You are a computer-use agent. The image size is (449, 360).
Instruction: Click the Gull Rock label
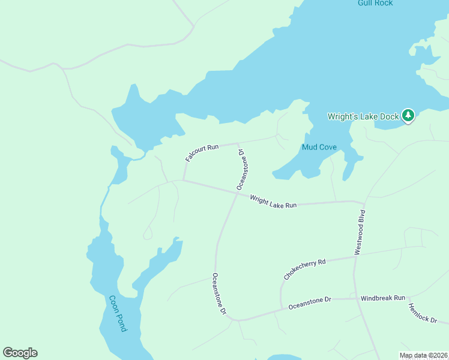375,3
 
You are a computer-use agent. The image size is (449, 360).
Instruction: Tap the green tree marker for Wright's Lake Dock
408,115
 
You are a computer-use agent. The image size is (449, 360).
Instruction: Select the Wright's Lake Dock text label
363,116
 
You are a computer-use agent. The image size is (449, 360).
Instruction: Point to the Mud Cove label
318,147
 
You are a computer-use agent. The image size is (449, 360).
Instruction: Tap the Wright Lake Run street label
273,201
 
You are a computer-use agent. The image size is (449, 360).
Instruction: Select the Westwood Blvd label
360,232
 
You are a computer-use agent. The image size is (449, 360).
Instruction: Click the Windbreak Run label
383,298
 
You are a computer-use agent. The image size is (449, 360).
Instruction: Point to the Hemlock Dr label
423,313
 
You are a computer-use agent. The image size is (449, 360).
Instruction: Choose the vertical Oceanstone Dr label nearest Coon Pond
218,294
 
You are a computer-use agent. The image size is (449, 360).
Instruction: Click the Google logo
20,353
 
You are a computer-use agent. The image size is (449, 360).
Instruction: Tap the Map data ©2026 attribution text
423,355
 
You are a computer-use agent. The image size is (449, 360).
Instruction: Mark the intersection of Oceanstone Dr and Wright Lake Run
235,193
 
